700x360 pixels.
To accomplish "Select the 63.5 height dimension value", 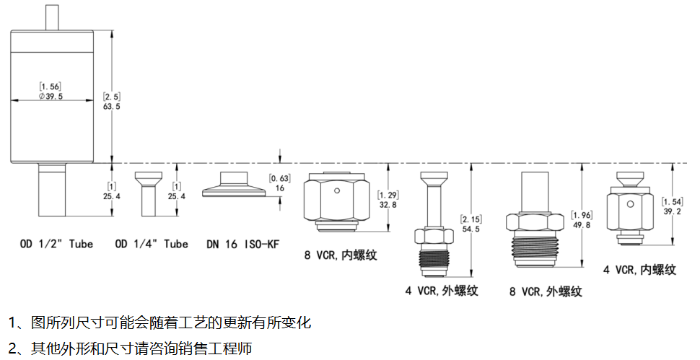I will click(112, 106).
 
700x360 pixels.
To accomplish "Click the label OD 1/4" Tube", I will click(152, 244).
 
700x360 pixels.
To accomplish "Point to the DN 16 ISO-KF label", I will click(242, 244).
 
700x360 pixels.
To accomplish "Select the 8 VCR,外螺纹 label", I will click(546, 291).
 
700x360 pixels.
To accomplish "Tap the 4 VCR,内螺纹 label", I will click(639, 270).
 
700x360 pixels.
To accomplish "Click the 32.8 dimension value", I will click(388, 205).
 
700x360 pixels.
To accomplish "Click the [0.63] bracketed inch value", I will click(279, 177).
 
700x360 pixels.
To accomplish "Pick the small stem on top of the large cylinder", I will click(53, 17).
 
